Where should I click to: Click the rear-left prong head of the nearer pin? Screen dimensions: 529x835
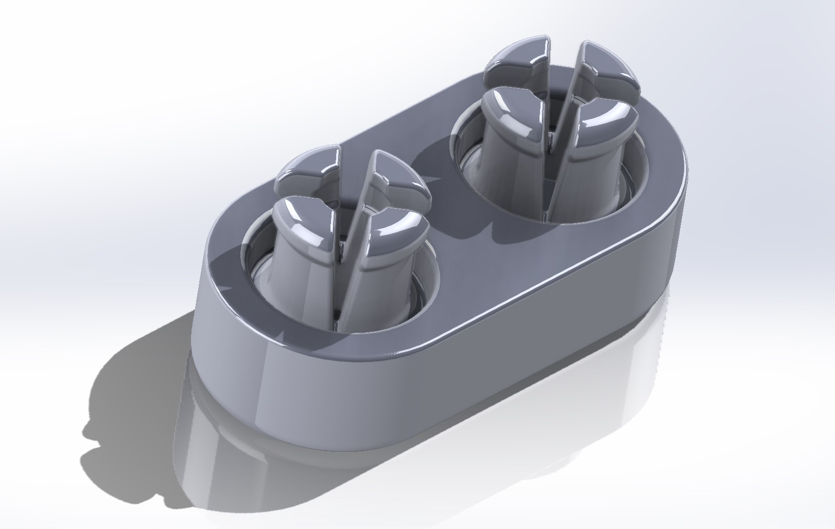[308, 168]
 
